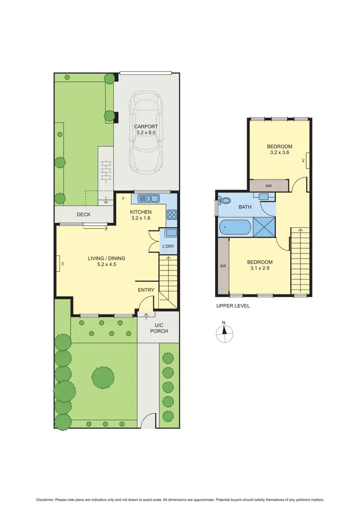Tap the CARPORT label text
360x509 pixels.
tap(146, 127)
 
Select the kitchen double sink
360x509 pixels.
tap(148, 198)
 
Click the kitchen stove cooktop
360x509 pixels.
tap(171, 215)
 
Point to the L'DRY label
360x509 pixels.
tap(168, 246)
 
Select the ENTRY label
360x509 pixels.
tap(146, 290)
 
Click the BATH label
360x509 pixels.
tap(245, 207)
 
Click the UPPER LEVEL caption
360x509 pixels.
tap(233, 306)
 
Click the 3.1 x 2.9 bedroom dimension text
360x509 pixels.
tap(260, 268)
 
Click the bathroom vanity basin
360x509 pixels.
tap(264, 196)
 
